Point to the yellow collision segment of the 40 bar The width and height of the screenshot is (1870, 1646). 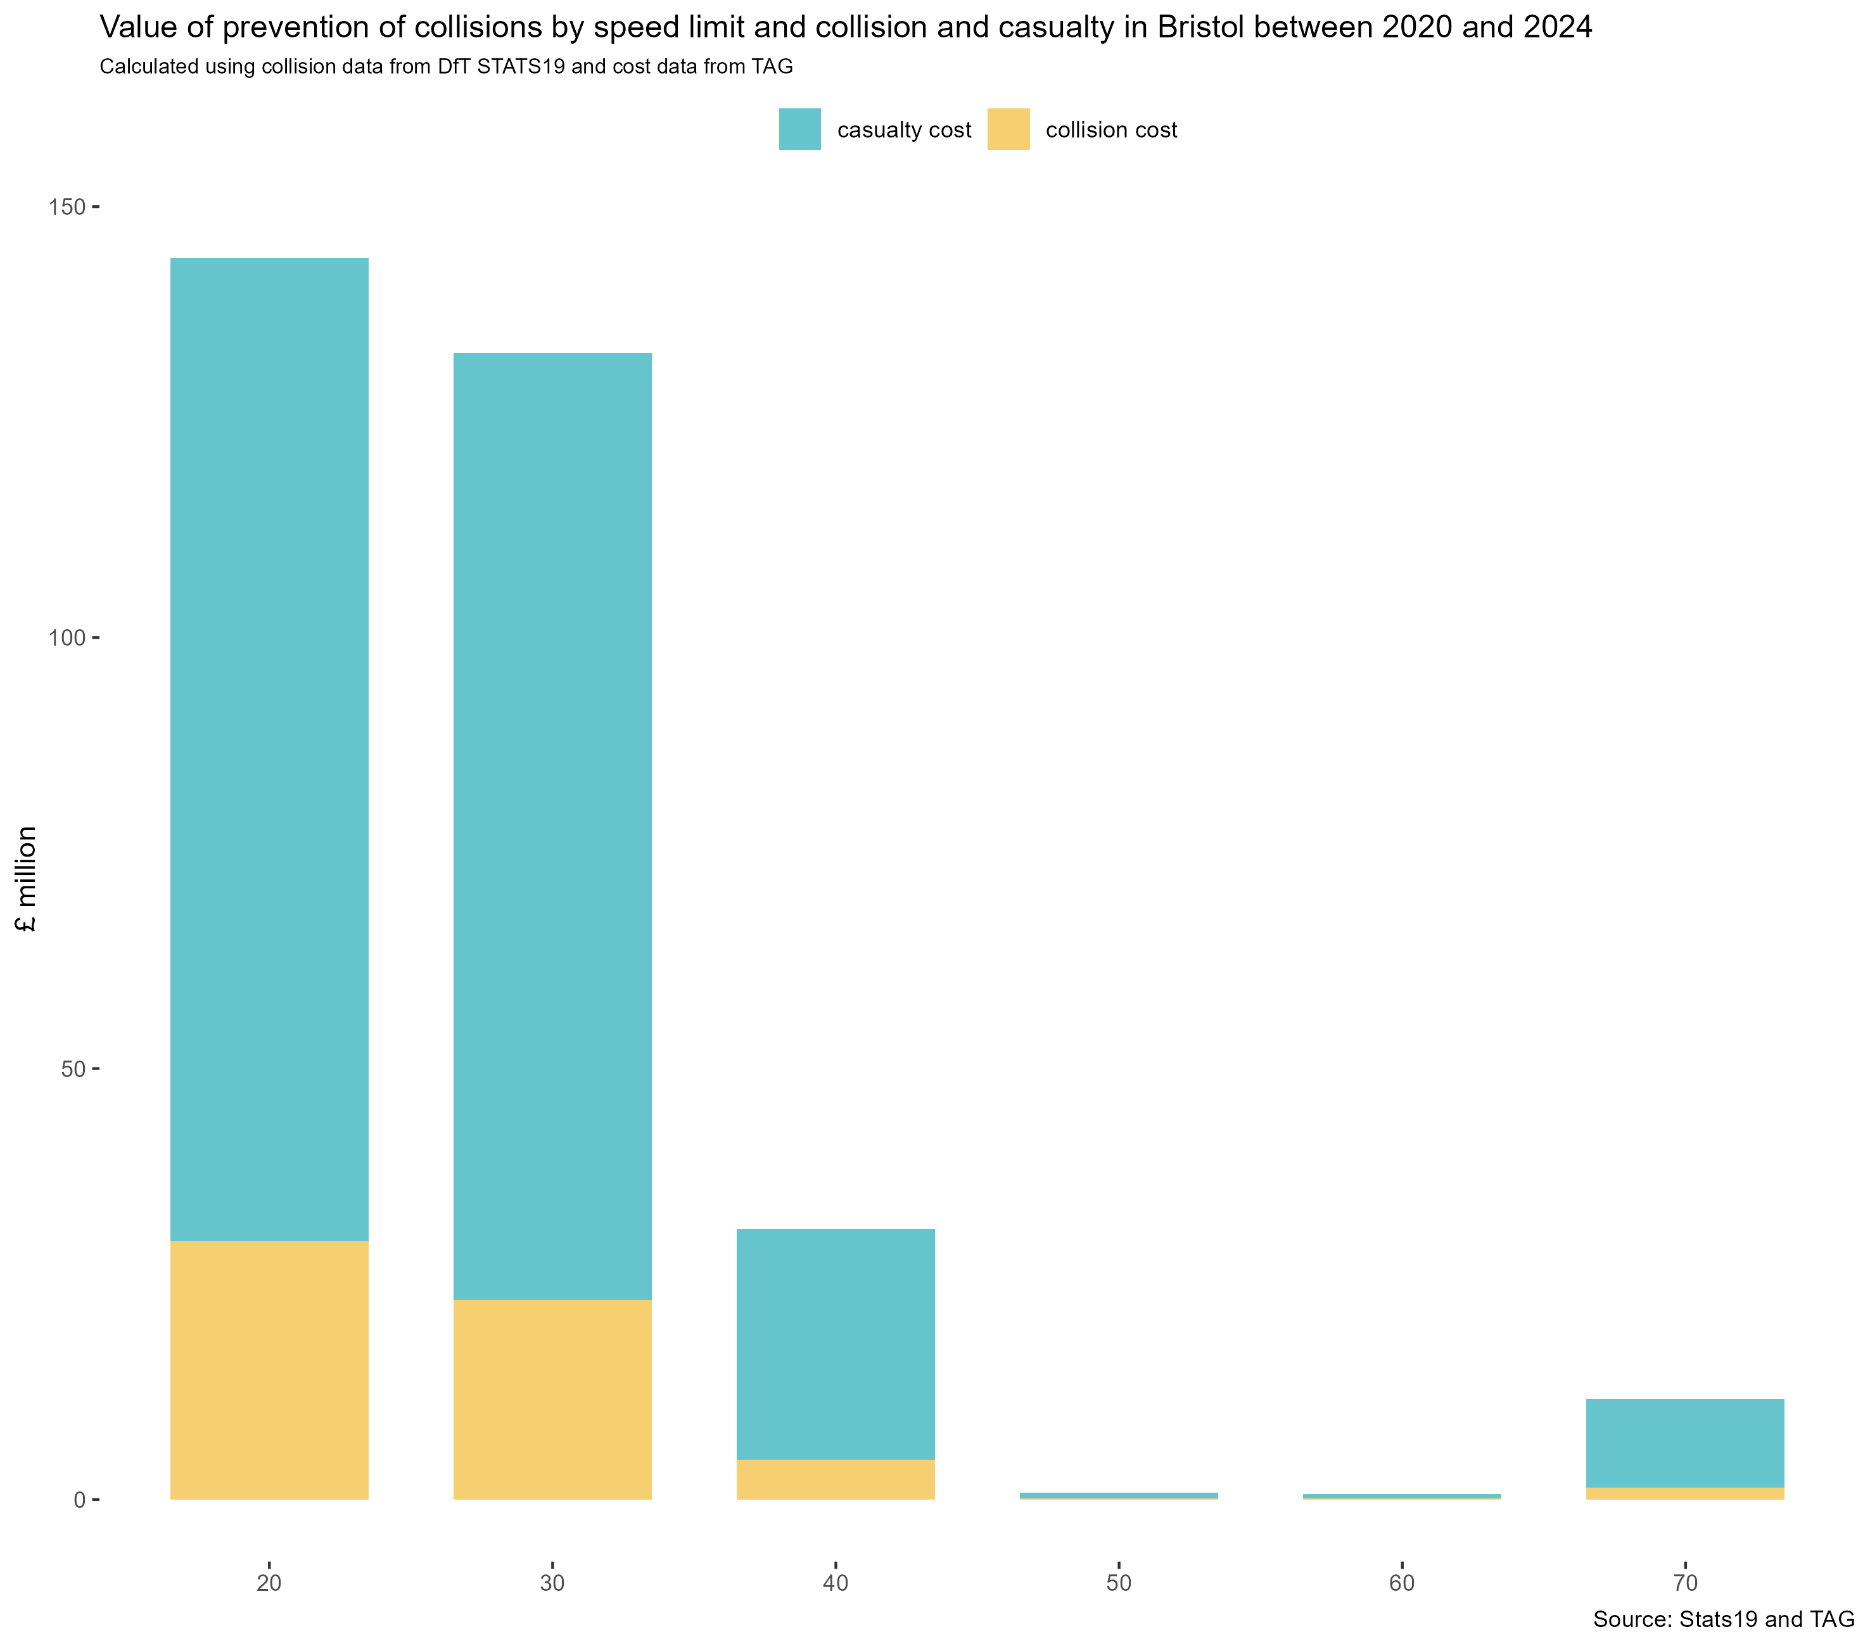(x=836, y=1479)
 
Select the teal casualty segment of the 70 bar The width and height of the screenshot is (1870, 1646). (x=1684, y=1443)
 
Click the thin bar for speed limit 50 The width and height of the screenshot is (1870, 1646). (x=1118, y=1496)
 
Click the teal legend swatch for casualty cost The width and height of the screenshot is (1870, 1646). (x=799, y=129)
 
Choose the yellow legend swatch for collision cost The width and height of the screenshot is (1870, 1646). (x=1008, y=129)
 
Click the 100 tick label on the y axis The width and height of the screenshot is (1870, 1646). (x=67, y=638)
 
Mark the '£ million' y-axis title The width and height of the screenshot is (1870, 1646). (x=27, y=878)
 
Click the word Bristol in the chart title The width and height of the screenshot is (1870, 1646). (x=1204, y=27)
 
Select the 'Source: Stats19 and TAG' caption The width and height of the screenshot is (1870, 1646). (x=1724, y=1619)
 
